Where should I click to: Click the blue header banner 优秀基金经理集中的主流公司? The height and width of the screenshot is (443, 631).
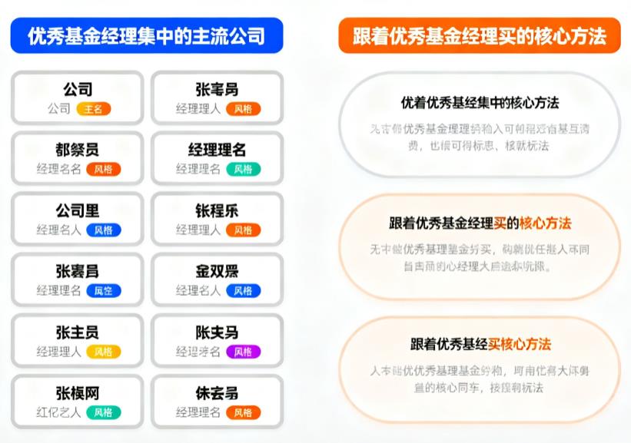tap(146, 35)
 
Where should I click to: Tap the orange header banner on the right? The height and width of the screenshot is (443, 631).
tap(479, 35)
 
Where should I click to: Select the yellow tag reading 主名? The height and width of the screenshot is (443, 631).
tap(94, 109)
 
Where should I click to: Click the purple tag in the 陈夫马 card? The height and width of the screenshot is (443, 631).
tap(243, 352)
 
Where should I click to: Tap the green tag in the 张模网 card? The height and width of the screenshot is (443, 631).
tap(103, 412)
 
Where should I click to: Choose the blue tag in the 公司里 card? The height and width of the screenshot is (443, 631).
tap(103, 230)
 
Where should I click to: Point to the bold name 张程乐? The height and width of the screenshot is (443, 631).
tap(217, 211)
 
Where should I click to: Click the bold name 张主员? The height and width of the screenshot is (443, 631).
tap(77, 332)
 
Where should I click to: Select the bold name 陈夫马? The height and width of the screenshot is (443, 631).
tap(217, 332)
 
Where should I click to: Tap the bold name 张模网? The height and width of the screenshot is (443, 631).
tap(77, 393)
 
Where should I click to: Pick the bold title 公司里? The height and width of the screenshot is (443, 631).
tap(77, 211)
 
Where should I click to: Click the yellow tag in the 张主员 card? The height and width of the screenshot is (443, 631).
tap(103, 352)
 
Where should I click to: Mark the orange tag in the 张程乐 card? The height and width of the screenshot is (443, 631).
tap(243, 230)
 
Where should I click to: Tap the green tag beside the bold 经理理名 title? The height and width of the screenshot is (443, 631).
tap(243, 169)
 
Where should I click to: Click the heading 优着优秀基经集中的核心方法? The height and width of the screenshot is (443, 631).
tap(480, 102)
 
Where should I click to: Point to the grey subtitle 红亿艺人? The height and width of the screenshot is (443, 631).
tap(58, 412)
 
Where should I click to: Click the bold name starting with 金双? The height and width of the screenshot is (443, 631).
tap(217, 272)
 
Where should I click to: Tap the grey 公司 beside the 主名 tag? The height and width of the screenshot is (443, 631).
tap(58, 109)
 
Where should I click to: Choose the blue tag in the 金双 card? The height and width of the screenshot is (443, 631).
tap(243, 291)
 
